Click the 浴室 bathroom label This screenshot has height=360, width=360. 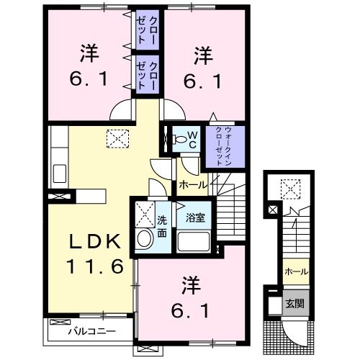click(194, 217)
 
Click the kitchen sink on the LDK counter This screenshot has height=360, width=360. click(59, 174)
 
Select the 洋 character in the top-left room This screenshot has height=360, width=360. click(89, 53)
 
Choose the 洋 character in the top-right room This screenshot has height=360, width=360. click(203, 53)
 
